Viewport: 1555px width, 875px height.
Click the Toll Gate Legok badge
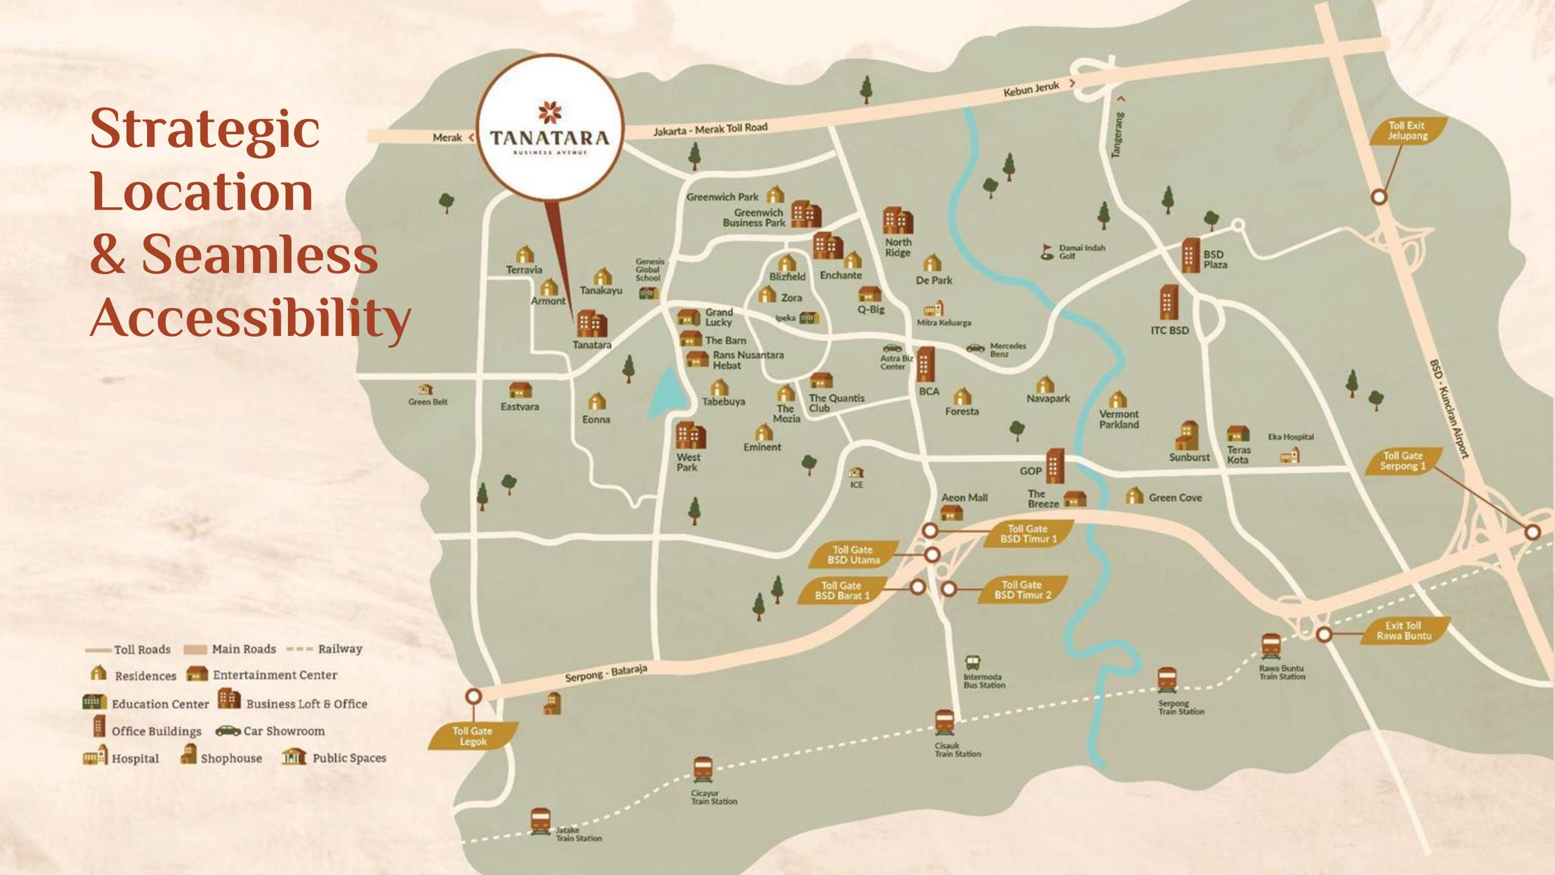pos(473,736)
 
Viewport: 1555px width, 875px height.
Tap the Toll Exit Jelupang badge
pos(1407,131)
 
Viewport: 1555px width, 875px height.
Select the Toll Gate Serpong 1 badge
pos(1403,461)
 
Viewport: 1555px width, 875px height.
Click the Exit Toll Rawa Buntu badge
pos(1404,630)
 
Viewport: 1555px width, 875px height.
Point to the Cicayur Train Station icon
pos(703,770)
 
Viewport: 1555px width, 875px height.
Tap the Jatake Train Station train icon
pos(540,821)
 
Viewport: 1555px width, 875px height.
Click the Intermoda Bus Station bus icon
pos(972,662)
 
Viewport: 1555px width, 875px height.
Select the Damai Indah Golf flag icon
pos(1047,252)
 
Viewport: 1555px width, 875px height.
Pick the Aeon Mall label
pos(964,498)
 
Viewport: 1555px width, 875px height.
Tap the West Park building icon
pos(691,435)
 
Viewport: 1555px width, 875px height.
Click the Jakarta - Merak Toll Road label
pos(710,129)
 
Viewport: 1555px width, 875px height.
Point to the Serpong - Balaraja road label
pos(606,673)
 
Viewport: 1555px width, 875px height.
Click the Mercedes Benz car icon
pos(976,348)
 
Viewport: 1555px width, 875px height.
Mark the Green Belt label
pos(428,402)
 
